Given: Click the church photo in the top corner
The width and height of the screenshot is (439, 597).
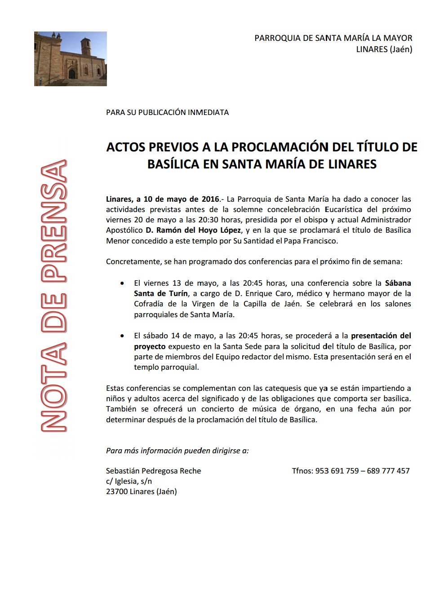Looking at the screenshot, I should (x=71, y=59).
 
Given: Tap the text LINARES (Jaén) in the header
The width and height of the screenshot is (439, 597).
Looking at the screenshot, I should (x=384, y=49).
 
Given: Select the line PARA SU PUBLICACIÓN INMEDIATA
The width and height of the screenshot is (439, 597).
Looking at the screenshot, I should (x=167, y=112).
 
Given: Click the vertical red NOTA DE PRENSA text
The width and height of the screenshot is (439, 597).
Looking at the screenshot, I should (x=54, y=296).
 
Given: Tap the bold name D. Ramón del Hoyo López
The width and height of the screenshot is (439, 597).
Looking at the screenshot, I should (x=193, y=230).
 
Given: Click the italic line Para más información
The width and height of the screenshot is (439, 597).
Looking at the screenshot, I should (x=177, y=451).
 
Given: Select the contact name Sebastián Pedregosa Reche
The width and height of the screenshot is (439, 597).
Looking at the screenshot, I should (x=153, y=471).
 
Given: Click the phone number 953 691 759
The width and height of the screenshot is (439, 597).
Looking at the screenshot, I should (x=337, y=471).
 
